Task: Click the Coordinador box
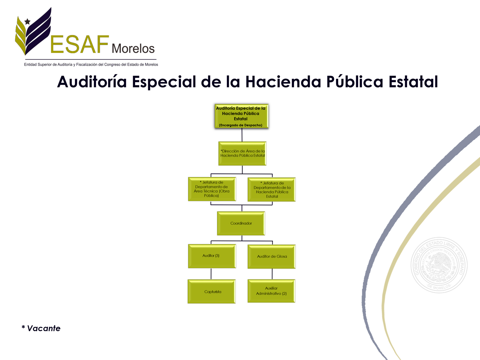(241, 223)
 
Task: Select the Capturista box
(212, 292)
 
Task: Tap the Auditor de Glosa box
(272, 257)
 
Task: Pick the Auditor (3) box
(212, 256)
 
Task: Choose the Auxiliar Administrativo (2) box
(271, 291)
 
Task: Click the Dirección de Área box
(242, 154)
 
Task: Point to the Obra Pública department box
(212, 189)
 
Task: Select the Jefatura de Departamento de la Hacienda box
(272, 189)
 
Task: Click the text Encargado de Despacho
(241, 125)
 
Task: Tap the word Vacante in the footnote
(44, 328)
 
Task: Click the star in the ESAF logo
(27, 21)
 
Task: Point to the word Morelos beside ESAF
(133, 49)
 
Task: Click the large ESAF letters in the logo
(80, 44)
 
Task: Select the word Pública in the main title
(355, 82)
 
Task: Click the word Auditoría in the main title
(92, 82)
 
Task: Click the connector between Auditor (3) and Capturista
(211, 274)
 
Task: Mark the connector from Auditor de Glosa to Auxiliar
(272, 274)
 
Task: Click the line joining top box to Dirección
(242, 135)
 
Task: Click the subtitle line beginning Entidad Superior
(91, 65)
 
